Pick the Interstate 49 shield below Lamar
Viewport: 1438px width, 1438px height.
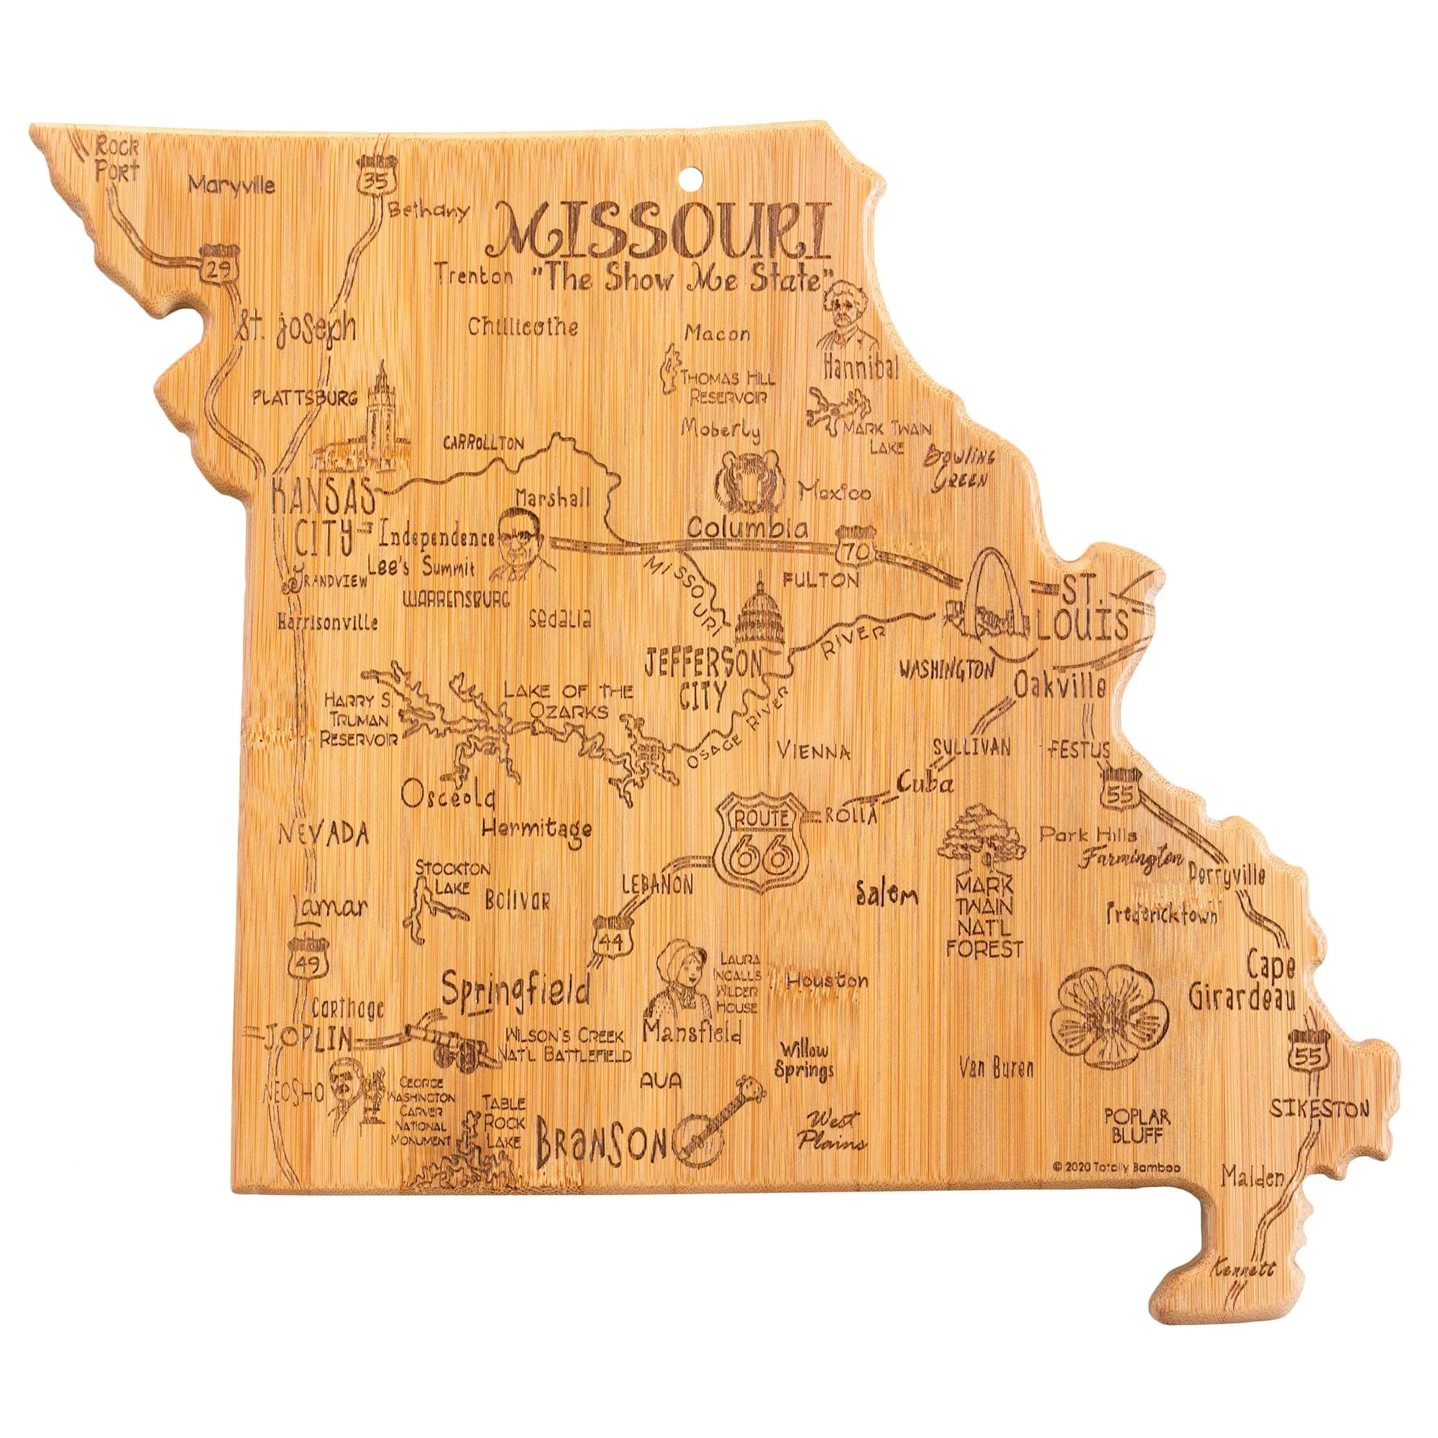click(x=306, y=958)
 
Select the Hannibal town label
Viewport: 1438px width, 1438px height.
click(x=861, y=367)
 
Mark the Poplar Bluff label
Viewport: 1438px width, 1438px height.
click(x=1137, y=1126)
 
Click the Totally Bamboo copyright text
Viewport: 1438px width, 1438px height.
click(x=1117, y=1168)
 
